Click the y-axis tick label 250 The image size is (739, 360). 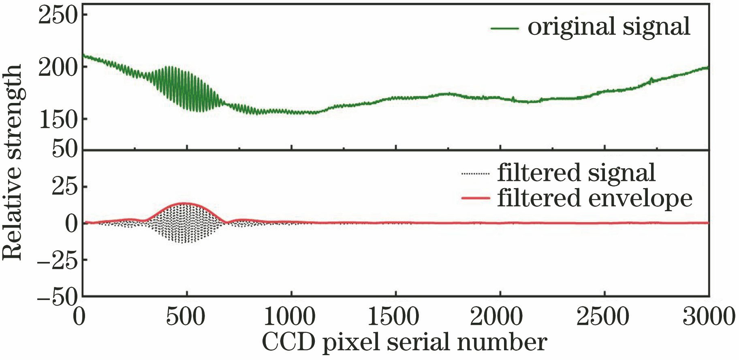[x=58, y=16]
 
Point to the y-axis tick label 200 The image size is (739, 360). [x=58, y=67]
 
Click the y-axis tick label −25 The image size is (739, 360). [x=57, y=260]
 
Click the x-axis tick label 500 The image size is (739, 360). [x=186, y=316]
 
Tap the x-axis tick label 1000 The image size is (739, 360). [x=290, y=316]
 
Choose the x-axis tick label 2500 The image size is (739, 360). [x=603, y=316]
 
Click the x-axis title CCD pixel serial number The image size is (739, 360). [x=404, y=343]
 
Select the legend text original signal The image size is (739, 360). [x=609, y=27]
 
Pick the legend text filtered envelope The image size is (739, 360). [x=594, y=199]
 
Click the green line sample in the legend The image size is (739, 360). [x=504, y=28]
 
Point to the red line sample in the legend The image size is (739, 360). [x=476, y=199]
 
